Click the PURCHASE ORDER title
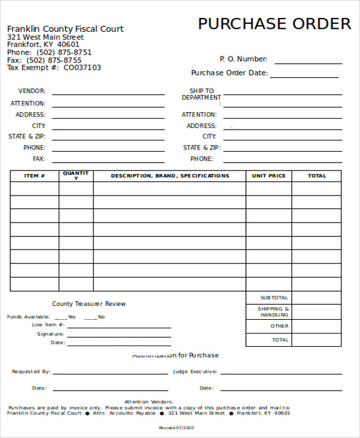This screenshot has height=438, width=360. tap(274, 24)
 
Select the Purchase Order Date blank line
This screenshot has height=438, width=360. tap(304, 76)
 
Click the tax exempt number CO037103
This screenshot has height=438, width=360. tap(82, 68)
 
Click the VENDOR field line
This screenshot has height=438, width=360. tap(108, 94)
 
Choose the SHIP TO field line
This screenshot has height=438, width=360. tap(282, 94)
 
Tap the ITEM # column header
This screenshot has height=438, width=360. tap(34, 176)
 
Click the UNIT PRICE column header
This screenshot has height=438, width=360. tap(269, 176)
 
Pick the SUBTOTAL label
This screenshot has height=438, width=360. tap(274, 298)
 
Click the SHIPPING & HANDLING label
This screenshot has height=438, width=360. tap(274, 312)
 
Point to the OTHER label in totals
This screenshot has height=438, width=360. tap(280, 326)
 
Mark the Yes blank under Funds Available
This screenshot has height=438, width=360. tap(61, 318)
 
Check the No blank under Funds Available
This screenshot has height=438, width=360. tap(91, 318)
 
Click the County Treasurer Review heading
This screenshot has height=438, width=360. tap(89, 304)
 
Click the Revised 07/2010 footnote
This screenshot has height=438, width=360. tap(176, 428)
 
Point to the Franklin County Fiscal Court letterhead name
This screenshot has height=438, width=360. tap(65, 29)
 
